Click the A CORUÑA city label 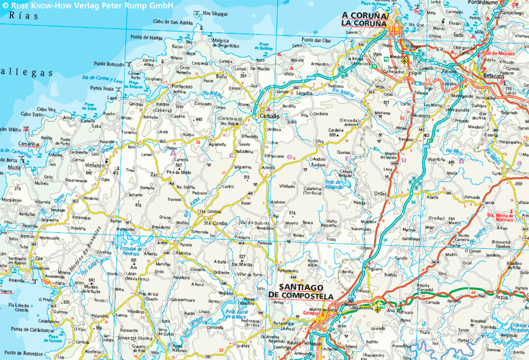pos(365,15)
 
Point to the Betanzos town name pos(487,75)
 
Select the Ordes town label pos(380,193)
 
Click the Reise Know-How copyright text pos(87,5)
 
